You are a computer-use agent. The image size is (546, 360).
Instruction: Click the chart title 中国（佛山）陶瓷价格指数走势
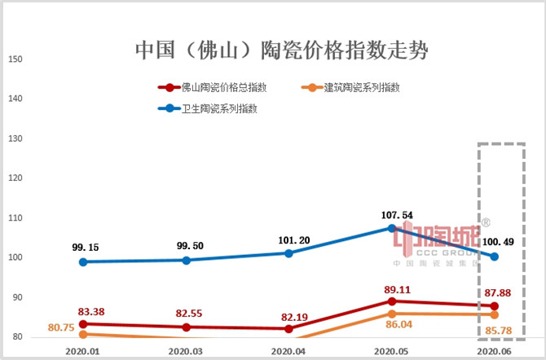281,49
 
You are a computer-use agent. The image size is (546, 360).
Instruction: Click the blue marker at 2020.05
392,228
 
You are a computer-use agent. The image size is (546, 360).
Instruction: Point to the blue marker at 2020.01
83,261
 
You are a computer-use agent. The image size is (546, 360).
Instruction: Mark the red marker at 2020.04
288,329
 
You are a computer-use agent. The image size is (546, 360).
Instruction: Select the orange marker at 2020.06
494,314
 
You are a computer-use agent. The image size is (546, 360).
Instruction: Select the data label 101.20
288,239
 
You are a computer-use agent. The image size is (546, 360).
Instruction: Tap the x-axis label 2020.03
186,351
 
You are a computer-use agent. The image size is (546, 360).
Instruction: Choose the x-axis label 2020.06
494,351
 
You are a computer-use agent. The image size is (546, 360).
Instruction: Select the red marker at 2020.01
83,324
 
